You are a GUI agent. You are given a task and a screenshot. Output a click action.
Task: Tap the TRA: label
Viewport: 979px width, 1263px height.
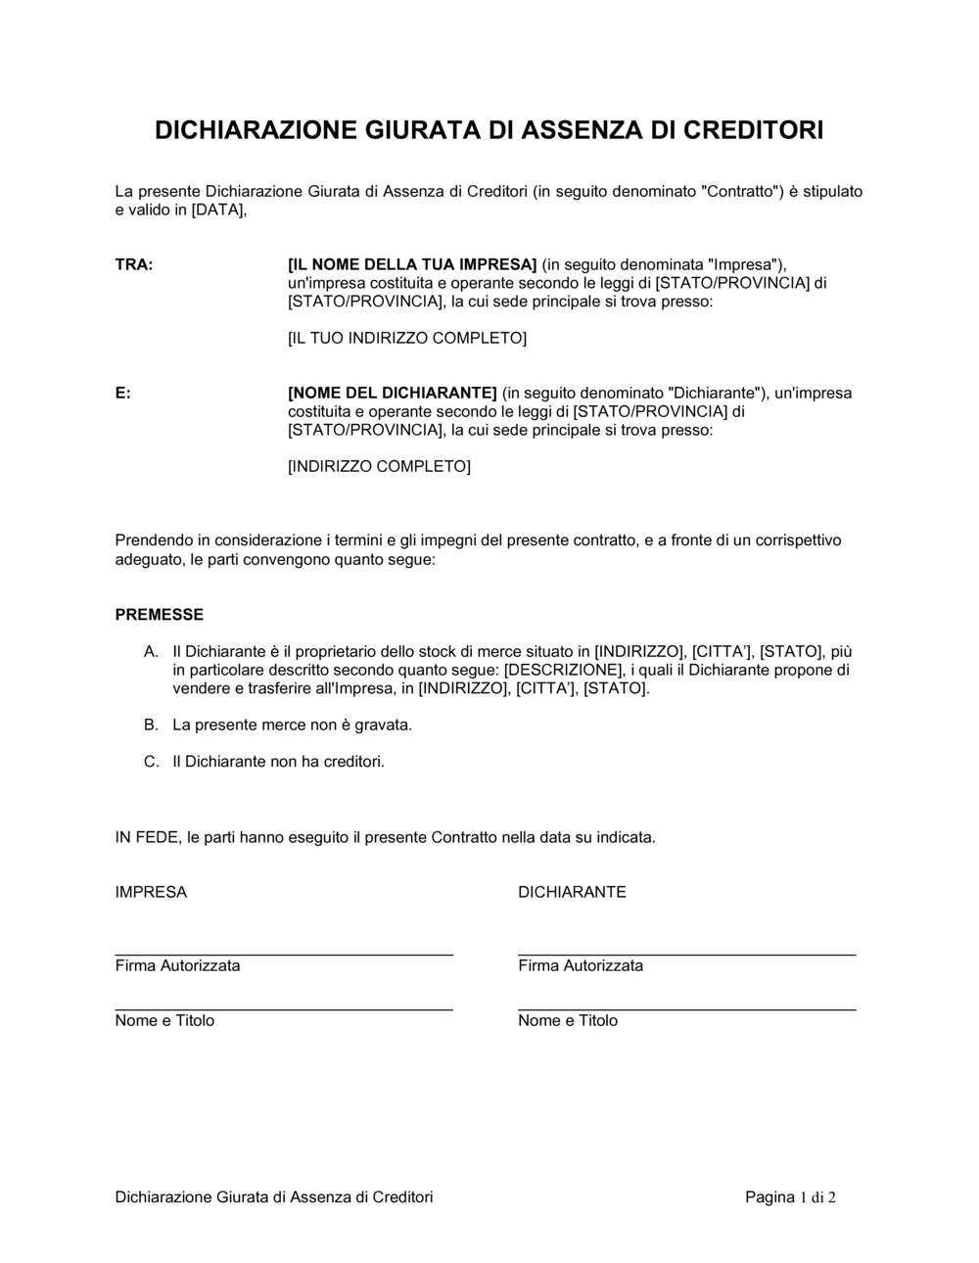(x=134, y=265)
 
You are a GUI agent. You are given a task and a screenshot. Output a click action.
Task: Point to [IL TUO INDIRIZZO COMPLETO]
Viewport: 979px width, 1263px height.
(x=407, y=339)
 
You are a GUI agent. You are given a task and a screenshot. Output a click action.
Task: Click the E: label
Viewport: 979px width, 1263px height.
(x=123, y=394)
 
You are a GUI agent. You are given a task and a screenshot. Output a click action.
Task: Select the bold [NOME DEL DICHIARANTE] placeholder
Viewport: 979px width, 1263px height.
(x=393, y=394)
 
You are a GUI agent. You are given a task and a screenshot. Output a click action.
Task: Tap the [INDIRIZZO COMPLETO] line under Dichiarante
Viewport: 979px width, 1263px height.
(x=379, y=467)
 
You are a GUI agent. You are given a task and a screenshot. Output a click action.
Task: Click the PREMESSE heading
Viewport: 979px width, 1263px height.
(x=160, y=615)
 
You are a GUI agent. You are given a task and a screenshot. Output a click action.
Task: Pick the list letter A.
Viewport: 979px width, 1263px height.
(x=151, y=652)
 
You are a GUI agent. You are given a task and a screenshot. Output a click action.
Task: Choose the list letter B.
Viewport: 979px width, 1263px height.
(x=151, y=725)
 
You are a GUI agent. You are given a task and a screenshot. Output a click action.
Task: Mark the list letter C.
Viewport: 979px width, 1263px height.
(x=151, y=762)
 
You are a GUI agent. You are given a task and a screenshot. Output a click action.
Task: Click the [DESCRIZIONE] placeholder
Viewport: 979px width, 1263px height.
(x=563, y=671)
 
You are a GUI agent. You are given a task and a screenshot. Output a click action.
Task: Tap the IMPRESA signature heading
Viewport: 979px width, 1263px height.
(x=151, y=893)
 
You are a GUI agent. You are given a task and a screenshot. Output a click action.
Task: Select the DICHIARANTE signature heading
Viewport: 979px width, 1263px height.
(x=572, y=893)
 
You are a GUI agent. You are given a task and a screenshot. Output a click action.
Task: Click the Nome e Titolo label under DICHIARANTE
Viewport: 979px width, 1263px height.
(x=568, y=1021)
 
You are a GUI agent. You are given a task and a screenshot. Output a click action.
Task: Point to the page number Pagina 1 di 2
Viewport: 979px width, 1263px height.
(x=790, y=1197)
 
